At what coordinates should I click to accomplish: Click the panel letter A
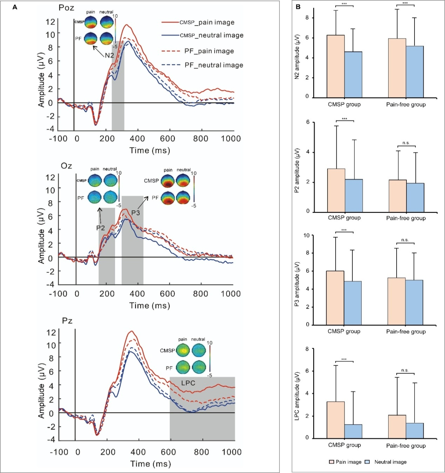15,7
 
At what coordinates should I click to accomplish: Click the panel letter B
298,7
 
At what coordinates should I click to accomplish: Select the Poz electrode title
66,8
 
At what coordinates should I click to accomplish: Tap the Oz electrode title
66,166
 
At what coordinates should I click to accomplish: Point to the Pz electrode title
67,321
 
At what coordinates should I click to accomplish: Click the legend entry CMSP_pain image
198,22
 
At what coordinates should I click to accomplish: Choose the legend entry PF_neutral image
202,65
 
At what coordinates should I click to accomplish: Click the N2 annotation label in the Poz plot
109,55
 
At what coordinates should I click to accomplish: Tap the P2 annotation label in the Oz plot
101,228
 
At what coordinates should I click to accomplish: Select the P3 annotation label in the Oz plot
135,213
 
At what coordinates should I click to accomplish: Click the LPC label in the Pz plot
188,383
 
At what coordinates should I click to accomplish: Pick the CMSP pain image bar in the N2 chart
336,66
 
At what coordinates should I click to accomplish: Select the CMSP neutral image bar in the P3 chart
353,303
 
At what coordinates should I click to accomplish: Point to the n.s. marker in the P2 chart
406,143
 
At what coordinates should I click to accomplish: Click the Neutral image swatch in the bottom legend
368,462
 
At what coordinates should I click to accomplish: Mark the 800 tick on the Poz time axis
201,138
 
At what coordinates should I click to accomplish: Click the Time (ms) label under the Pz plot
150,464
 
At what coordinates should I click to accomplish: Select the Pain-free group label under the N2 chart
406,104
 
